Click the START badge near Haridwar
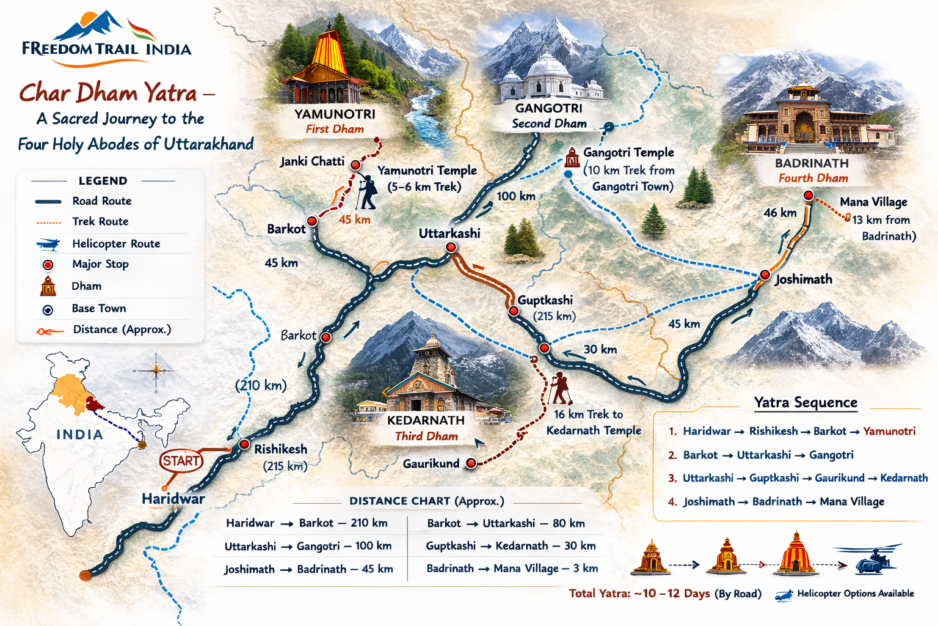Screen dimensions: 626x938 (181, 460)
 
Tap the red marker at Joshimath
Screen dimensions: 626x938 (765, 275)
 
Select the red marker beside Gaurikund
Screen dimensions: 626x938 (471, 463)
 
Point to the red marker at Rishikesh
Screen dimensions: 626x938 (244, 444)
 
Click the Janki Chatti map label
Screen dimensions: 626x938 (312, 161)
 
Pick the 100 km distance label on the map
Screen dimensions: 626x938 (515, 196)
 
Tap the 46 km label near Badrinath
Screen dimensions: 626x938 (780, 213)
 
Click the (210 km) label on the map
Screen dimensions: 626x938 (261, 385)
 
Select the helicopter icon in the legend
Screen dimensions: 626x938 (48, 244)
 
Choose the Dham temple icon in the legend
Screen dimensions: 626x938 (48, 286)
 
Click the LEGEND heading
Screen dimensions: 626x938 (103, 181)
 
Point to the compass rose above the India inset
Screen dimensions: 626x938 (156, 369)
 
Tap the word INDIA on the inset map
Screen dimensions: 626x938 (79, 435)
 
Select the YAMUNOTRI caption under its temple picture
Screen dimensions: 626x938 (335, 114)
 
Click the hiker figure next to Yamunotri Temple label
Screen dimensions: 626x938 (367, 193)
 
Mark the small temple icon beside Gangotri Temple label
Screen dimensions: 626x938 (572, 158)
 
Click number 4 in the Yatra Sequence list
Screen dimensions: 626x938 (672, 502)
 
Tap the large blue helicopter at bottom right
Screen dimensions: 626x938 (872, 559)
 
